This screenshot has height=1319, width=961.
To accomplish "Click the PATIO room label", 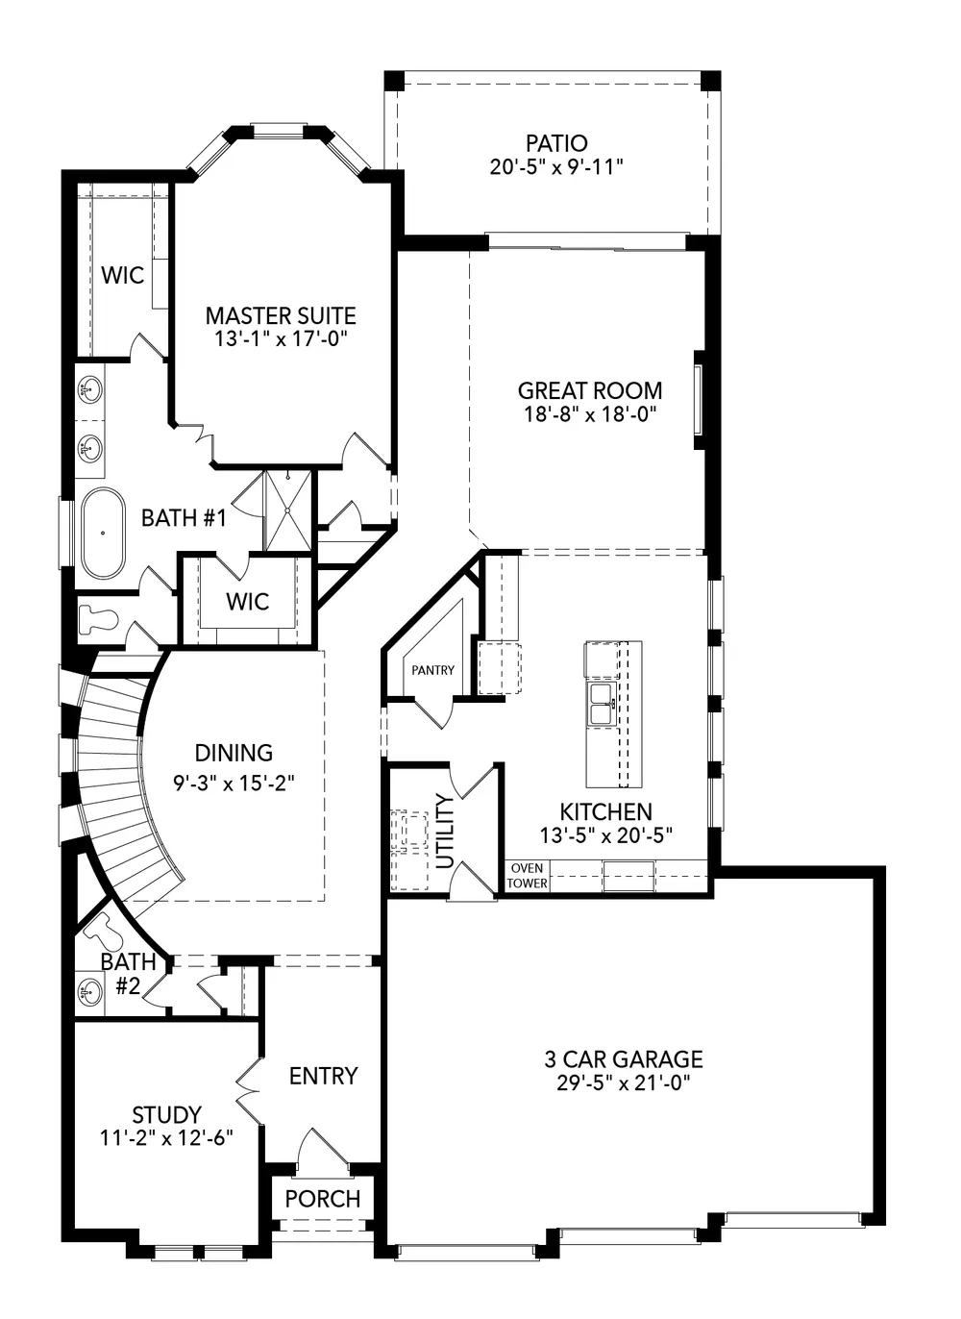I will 556,143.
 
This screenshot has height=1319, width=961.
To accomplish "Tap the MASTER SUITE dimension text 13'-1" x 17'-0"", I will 281,339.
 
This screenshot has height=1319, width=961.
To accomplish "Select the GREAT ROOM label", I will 589,390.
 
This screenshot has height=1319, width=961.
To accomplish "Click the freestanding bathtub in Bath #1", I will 101,534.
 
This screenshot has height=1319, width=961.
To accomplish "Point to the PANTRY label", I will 432,670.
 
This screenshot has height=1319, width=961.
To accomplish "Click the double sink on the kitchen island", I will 602,704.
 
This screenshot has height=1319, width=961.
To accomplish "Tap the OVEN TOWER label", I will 527,876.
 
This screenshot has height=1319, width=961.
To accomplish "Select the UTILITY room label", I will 445,831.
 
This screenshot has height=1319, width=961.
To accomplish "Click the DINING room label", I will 234,753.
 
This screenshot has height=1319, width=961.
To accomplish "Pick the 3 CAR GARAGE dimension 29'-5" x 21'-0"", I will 624,1083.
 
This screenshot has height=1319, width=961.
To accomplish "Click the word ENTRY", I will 323,1076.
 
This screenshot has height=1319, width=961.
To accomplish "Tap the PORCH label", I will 323,1199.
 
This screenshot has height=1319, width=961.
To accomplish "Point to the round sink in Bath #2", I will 90,991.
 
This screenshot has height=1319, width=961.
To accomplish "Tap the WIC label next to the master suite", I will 123,276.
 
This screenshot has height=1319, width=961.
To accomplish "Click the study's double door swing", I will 247,1091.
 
